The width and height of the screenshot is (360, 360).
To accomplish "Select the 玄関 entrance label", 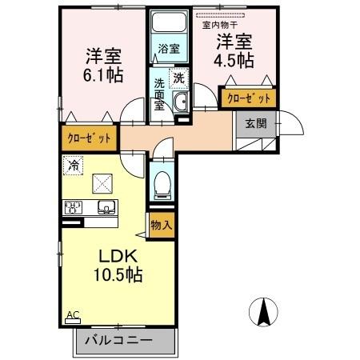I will (256, 123).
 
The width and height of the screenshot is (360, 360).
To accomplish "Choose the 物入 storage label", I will (162, 226).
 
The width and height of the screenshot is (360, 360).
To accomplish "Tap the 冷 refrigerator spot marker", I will (74, 166).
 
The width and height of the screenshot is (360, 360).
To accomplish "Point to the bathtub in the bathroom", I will (168, 24).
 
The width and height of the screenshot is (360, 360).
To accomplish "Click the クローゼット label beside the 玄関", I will (247, 98).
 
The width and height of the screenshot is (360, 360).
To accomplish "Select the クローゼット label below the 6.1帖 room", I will (89, 138).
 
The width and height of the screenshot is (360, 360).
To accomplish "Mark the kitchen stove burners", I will (74, 208).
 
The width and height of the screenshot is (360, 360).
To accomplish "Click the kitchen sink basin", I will (106, 208).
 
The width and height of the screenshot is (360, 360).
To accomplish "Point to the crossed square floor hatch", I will (102, 184).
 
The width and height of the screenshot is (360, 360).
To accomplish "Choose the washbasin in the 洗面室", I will (182, 100).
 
